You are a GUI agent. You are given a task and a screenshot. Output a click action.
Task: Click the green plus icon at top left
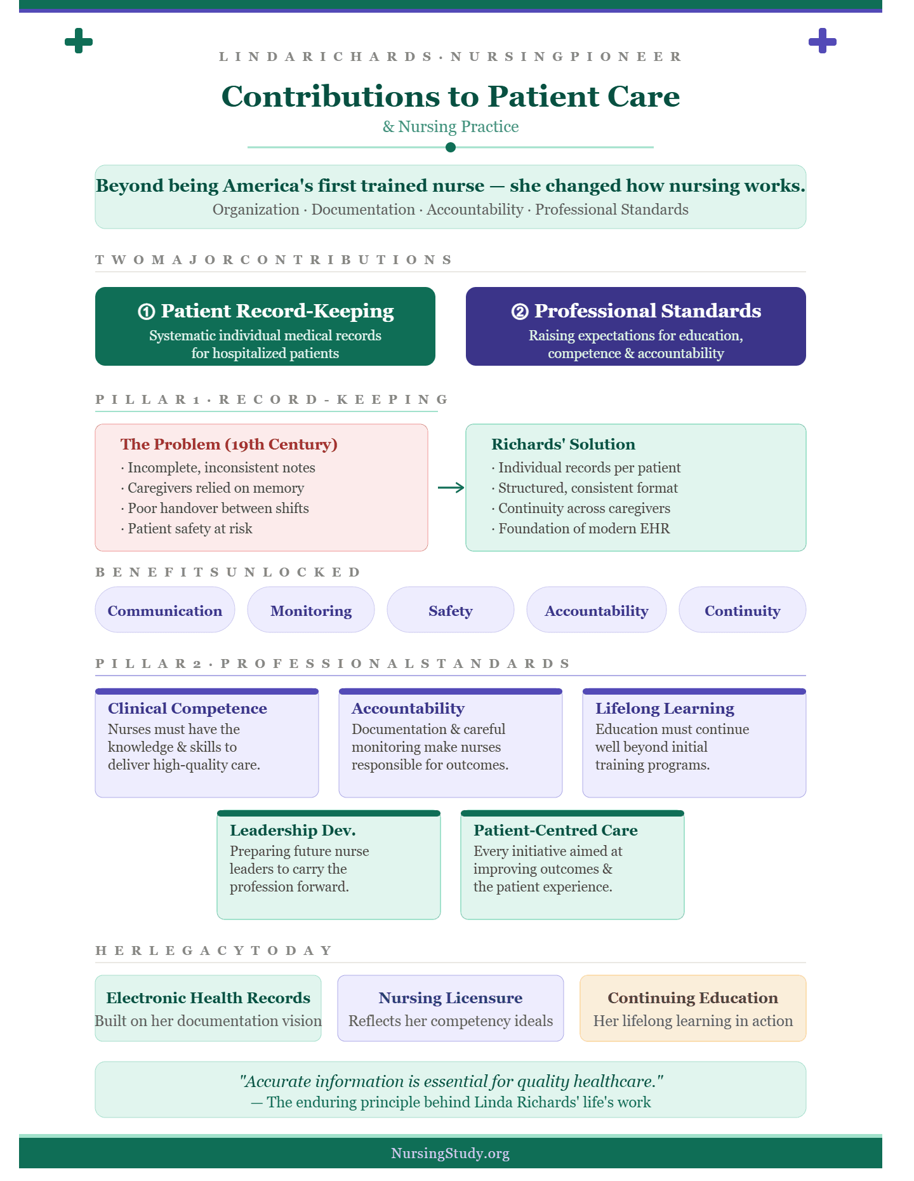pos(79,41)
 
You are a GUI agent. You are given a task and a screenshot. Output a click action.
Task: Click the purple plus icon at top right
pos(823,41)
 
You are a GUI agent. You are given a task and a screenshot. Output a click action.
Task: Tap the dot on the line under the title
pos(451,147)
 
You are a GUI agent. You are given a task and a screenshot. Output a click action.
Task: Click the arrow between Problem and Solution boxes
pos(451,488)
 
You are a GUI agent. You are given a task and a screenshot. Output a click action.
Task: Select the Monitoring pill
pos(311,610)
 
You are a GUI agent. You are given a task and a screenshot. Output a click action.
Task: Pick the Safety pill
pos(451,610)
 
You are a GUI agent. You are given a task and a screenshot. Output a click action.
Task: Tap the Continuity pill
pos(743,610)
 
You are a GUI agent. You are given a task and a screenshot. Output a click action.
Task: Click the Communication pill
pos(165,610)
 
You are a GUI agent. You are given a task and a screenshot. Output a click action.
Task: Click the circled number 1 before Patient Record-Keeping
pos(146,311)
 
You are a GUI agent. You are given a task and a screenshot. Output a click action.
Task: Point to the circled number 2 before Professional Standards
pos(520,311)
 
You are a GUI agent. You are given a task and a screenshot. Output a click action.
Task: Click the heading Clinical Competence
pos(187,708)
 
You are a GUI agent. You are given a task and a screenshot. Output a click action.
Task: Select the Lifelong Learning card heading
pos(665,708)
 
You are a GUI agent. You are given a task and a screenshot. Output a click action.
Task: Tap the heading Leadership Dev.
pos(293,830)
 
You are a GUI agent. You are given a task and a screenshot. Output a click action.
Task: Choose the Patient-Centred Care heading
pos(555,830)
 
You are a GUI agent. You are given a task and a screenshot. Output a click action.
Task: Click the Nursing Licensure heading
pos(451,998)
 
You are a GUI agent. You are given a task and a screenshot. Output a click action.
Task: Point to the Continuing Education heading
pos(693,998)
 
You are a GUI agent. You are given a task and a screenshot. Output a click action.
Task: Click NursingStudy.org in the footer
pos(451,1153)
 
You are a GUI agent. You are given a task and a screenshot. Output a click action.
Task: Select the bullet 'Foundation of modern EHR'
pos(581,528)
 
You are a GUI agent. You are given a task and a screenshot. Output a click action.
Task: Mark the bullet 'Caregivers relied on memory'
pos(213,488)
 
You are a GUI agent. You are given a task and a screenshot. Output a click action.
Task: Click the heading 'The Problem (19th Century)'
pos(229,444)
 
